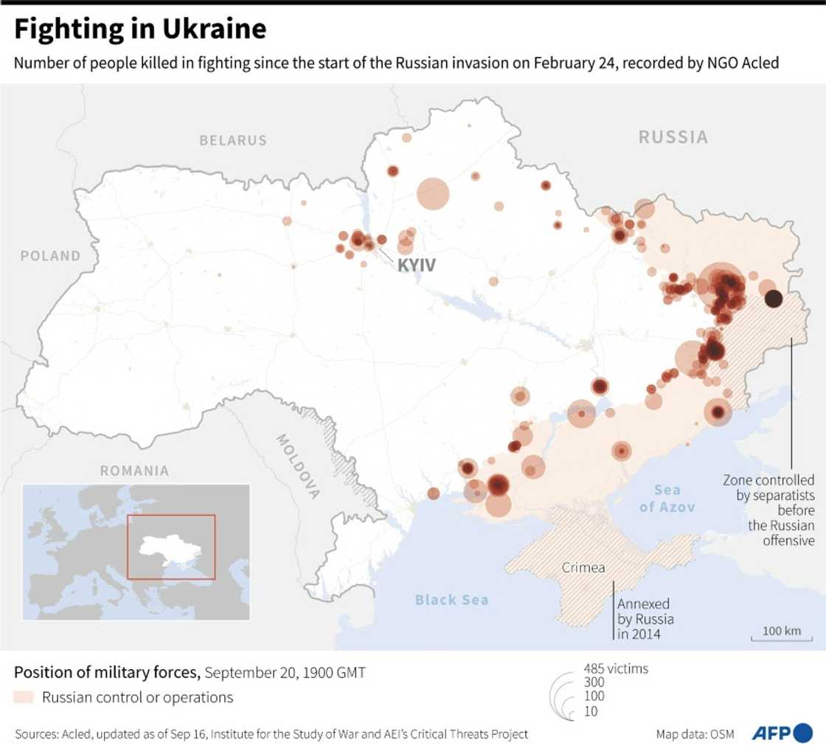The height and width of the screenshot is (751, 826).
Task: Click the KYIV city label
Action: tap(417, 265)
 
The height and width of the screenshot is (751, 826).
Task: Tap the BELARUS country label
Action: tap(233, 140)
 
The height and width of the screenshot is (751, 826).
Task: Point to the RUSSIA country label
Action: tap(673, 137)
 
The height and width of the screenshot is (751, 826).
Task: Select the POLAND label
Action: tap(50, 256)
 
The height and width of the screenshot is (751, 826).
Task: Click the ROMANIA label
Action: tap(134, 471)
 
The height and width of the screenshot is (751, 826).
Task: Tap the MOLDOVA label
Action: tap(298, 466)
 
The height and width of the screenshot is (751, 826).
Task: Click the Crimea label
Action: tap(583, 568)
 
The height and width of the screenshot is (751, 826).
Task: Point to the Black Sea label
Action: tap(451, 600)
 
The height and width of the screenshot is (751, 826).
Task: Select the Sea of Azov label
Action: tap(667, 499)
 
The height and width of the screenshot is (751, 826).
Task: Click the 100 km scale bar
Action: tap(781, 635)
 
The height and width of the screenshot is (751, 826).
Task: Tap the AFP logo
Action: tap(782, 733)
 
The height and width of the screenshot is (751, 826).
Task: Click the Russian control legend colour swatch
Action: tap(24, 697)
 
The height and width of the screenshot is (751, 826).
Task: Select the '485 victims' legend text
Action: tap(616, 668)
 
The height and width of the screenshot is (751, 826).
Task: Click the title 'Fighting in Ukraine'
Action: tap(140, 29)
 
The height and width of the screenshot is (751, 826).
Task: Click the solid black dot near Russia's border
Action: tap(773, 299)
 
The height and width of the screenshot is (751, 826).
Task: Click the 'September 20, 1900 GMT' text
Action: tap(285, 673)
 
